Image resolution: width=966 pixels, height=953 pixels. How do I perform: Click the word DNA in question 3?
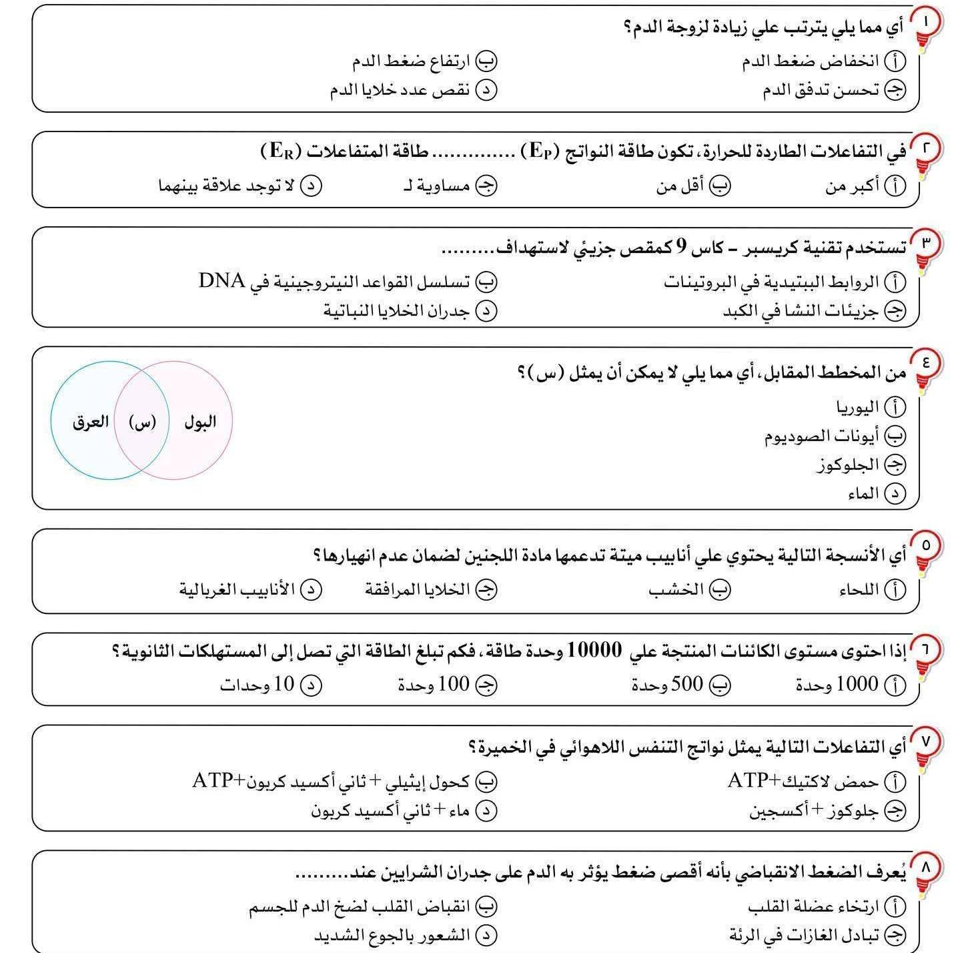(221, 281)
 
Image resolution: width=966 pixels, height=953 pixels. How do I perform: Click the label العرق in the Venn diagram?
(90, 422)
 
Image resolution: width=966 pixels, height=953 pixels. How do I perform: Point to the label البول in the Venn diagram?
(200, 422)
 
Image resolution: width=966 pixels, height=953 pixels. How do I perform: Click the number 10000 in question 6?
(594, 649)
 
